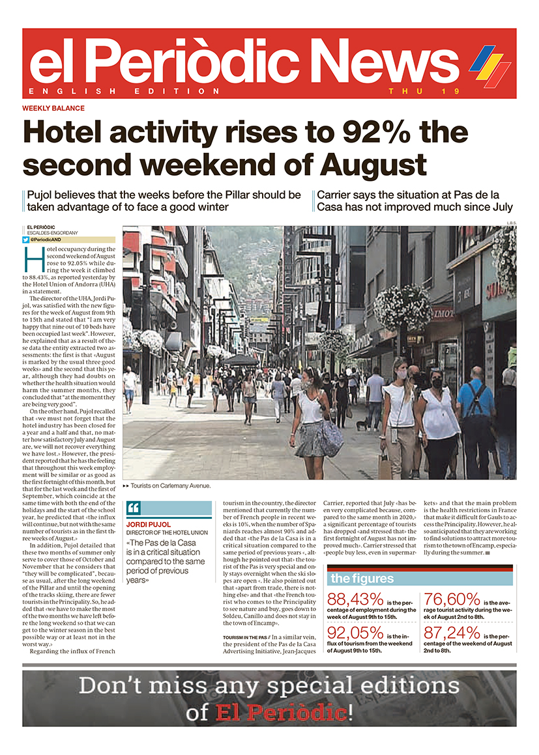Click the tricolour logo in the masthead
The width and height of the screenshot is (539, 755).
(x=489, y=65)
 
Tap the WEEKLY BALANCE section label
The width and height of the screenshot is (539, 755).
(x=53, y=108)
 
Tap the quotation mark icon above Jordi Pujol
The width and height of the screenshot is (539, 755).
(x=134, y=508)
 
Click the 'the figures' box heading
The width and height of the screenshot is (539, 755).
(x=362, y=579)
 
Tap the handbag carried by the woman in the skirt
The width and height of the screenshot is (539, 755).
(x=332, y=437)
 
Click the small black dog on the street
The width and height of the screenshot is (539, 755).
(x=360, y=425)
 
